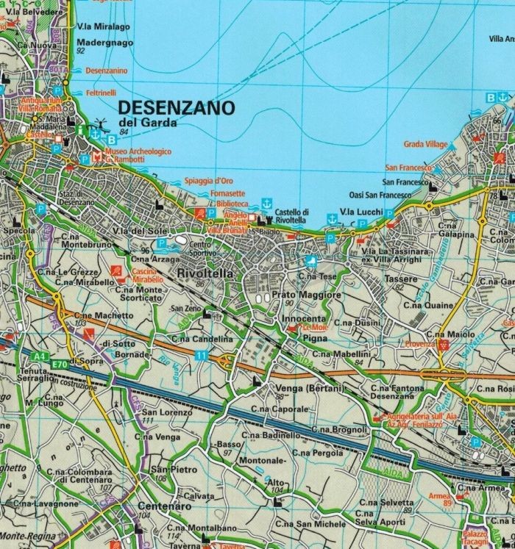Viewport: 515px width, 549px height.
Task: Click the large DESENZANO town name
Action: pyautogui.click(x=177, y=107)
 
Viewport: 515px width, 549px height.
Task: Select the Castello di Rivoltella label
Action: pyautogui.click(x=291, y=215)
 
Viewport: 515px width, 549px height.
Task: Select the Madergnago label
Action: pyautogui.click(x=105, y=43)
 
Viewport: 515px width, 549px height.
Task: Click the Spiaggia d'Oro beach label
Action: pyautogui.click(x=208, y=181)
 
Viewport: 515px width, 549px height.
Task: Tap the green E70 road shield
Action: pyautogui.click(x=60, y=362)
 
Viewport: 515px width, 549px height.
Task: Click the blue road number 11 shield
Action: pyautogui.click(x=201, y=356)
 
